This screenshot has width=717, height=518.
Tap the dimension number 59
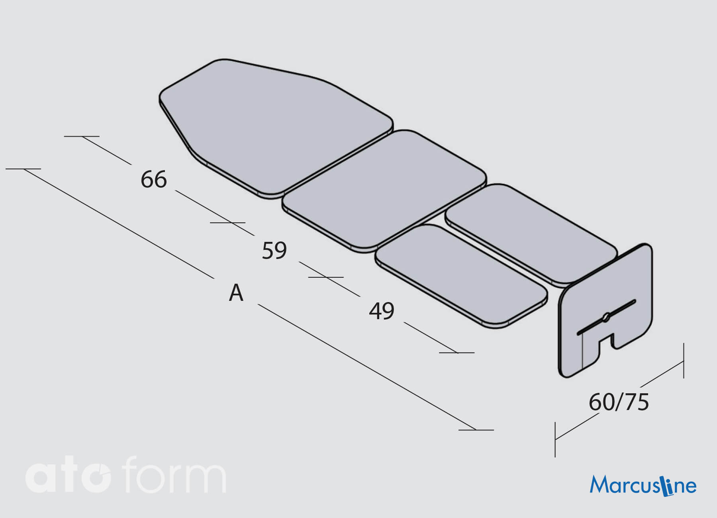[x=274, y=251]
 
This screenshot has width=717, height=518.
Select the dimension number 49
[x=382, y=311]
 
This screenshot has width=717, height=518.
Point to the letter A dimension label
[x=236, y=293]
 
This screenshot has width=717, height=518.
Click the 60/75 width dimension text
[x=619, y=402]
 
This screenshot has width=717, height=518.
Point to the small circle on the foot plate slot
[x=605, y=318]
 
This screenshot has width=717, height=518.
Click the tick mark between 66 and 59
[x=228, y=222]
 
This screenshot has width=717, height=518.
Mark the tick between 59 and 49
[x=326, y=277]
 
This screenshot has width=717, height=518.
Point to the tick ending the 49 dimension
[x=457, y=352]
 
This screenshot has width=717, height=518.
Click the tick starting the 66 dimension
[x=82, y=136]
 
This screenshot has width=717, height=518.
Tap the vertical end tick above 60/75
[x=684, y=361]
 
